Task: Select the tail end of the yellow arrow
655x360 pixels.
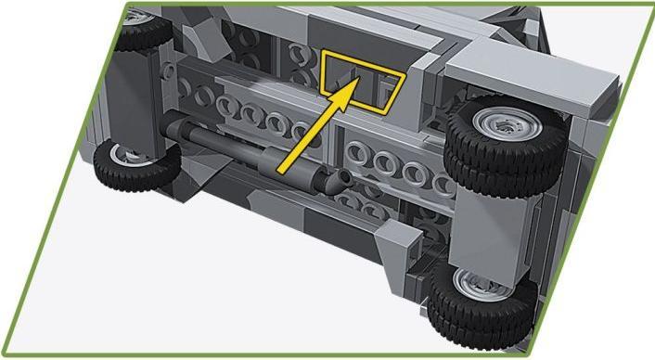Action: [279, 169]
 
